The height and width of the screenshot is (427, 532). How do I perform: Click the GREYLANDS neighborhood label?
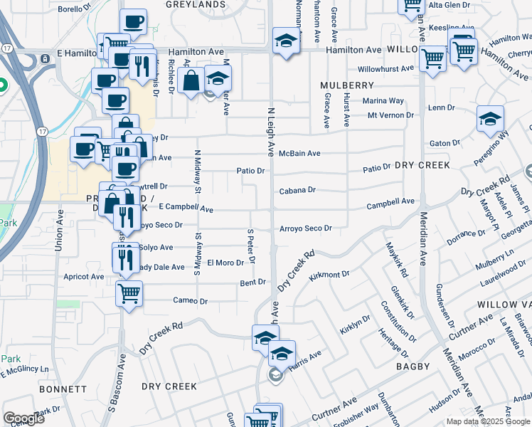[196, 4]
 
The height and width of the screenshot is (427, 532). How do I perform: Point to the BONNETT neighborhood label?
[62, 390]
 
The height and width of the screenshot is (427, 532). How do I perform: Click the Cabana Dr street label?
[297, 190]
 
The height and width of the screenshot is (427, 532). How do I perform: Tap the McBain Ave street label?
[299, 153]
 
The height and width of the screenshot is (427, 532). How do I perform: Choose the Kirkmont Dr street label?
[330, 274]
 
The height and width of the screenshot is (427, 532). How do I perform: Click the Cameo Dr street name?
[190, 301]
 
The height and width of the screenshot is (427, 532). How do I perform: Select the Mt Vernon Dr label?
[390, 115]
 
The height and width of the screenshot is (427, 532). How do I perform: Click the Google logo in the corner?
[23, 418]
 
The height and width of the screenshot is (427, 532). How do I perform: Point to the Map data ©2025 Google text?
[488, 421]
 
